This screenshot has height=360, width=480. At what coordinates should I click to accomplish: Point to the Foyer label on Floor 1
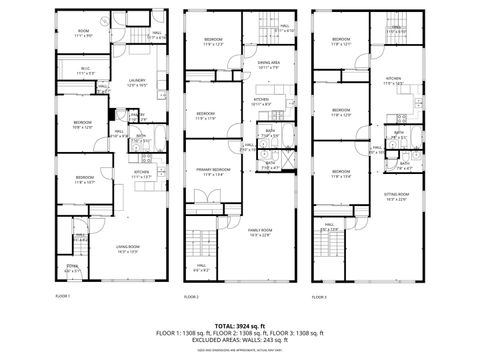[x=73, y=269]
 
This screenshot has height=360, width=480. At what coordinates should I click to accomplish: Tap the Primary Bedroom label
[x=215, y=172]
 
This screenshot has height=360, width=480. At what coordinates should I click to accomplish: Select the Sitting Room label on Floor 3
[x=397, y=194]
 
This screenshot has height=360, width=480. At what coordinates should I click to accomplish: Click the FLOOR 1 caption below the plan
[x=62, y=297]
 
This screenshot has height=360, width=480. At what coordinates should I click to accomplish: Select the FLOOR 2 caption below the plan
[x=192, y=297]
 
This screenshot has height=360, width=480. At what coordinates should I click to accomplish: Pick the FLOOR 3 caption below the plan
[x=319, y=297]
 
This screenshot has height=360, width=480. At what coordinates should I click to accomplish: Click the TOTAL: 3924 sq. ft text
[x=240, y=325]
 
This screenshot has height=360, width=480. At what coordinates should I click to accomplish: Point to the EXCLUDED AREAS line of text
[x=240, y=340]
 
